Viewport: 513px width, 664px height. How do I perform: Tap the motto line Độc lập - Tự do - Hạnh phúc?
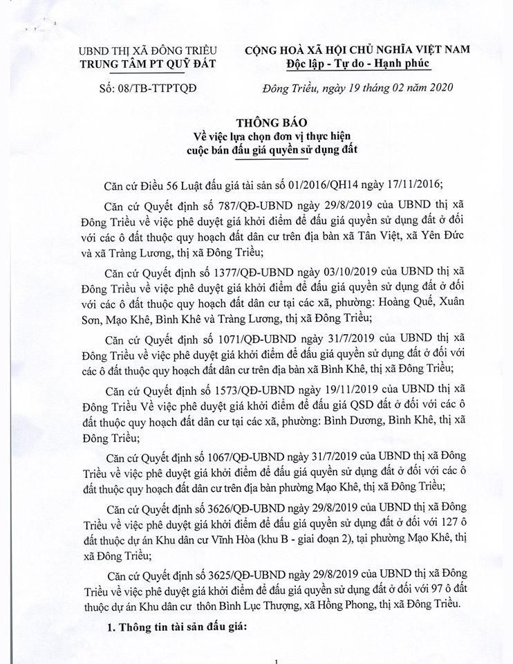357,64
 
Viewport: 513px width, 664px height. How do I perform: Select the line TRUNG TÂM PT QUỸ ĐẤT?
147,64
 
